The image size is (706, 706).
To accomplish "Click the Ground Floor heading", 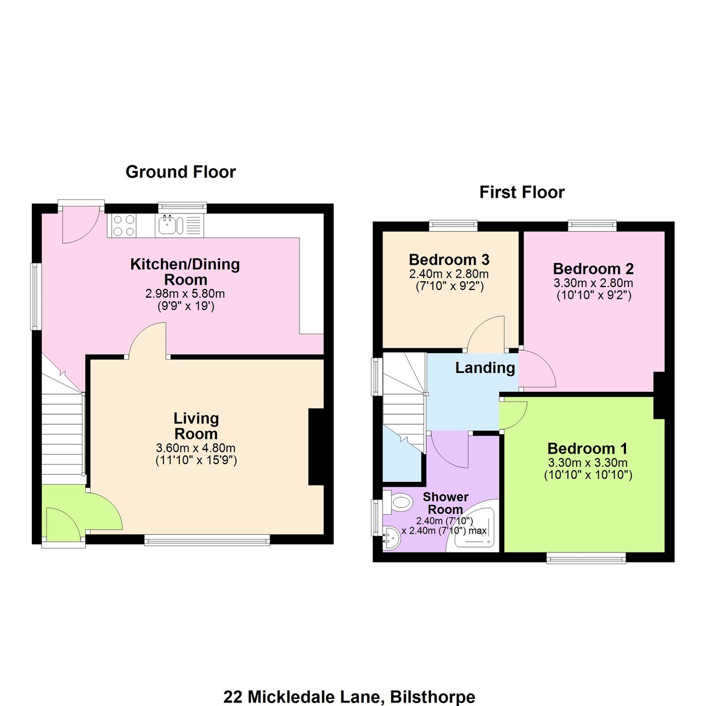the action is click(x=180, y=172).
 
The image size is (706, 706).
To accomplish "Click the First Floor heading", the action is click(x=522, y=192).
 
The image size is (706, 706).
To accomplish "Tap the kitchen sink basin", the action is click(x=168, y=225).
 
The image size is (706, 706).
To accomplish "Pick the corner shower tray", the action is click(x=474, y=529).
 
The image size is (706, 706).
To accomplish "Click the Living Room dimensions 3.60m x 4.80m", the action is click(x=196, y=448).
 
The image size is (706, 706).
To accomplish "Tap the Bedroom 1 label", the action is click(x=587, y=448).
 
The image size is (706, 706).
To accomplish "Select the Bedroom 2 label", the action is click(x=593, y=268).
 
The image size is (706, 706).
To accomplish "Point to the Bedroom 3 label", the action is click(x=449, y=259).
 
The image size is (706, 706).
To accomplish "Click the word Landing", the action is click(x=485, y=368).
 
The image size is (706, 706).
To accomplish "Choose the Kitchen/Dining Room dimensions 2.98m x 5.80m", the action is click(x=185, y=294).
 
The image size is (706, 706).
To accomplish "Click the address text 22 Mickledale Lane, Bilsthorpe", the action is click(x=349, y=697).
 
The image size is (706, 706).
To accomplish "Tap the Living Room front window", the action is click(x=207, y=540).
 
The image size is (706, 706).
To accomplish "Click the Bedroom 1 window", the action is click(x=586, y=558).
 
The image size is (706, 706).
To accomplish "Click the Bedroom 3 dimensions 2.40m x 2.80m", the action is click(x=449, y=274).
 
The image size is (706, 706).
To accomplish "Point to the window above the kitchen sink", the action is click(x=182, y=207).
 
